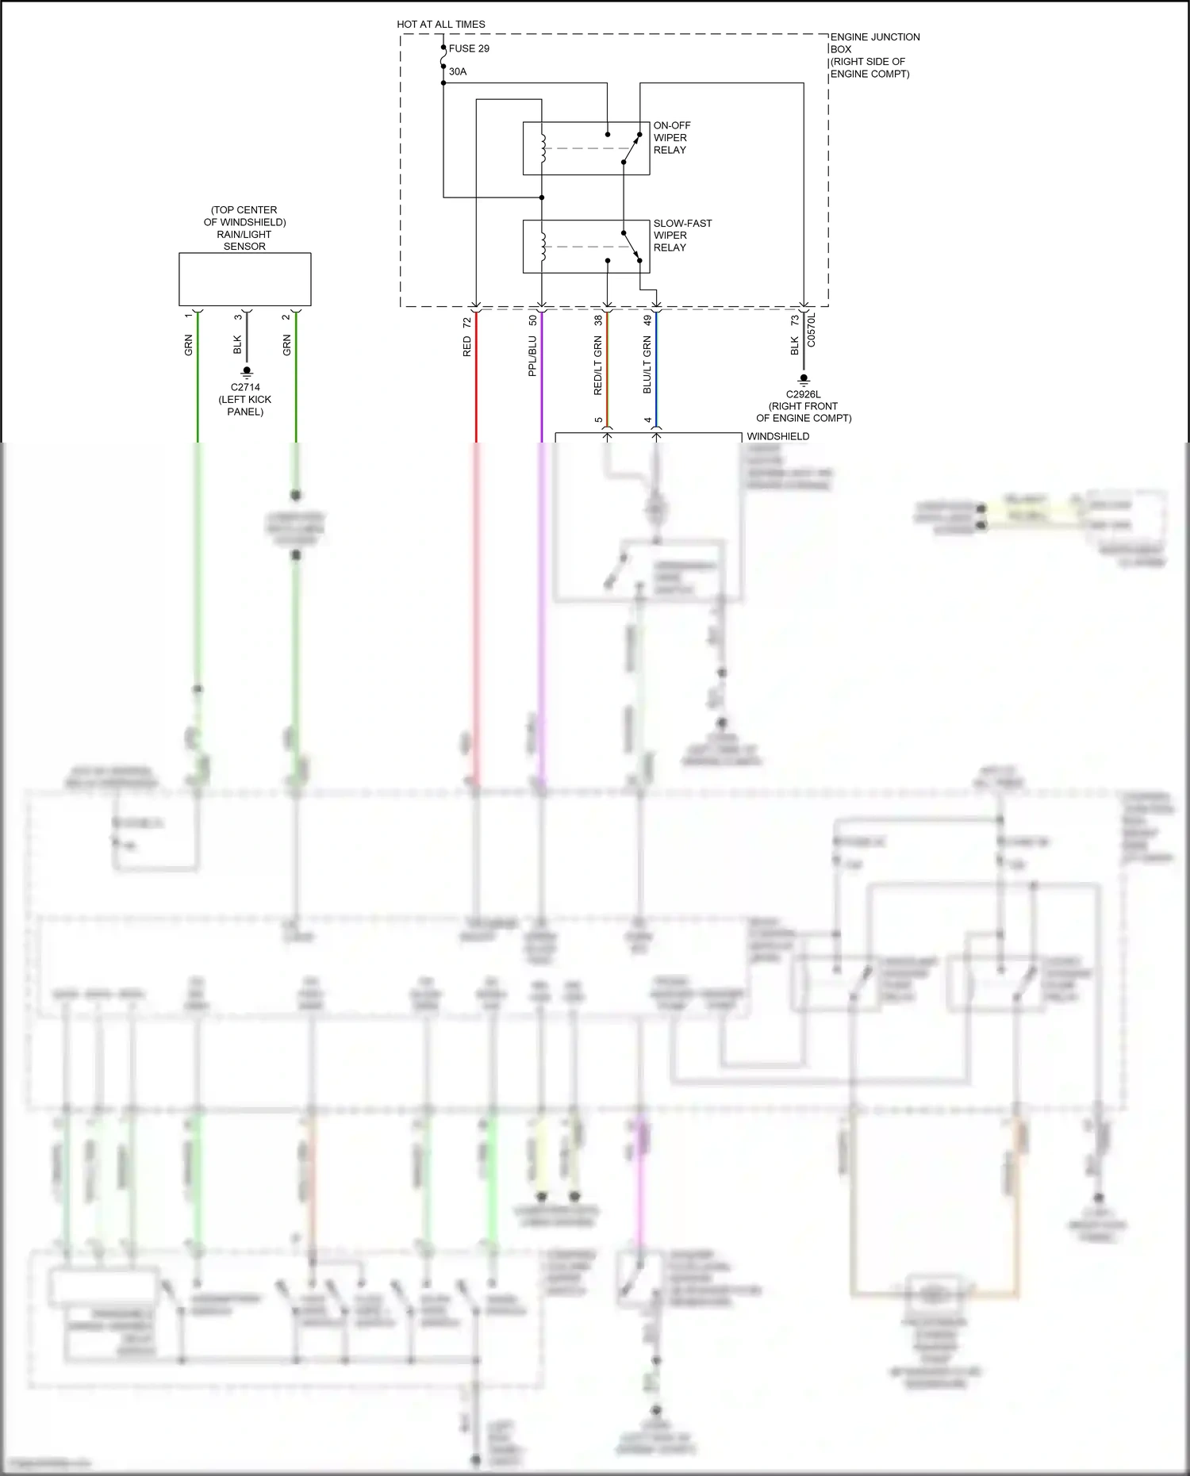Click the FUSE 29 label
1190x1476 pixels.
point(469,48)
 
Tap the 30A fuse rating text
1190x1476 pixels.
point(458,71)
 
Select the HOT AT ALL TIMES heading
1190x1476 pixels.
point(441,25)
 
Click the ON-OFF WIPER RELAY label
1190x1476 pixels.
point(671,138)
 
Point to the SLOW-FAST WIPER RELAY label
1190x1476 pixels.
point(682,236)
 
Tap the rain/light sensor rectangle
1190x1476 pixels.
point(244,279)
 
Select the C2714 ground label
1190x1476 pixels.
point(245,388)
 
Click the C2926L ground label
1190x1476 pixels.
point(804,394)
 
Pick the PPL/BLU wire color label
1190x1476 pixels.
point(532,356)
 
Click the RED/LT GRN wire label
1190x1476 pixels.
point(598,366)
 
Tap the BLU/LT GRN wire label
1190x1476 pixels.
point(647,365)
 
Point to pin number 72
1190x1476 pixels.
point(467,322)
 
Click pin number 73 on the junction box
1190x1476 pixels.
point(795,320)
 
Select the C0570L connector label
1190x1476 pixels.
point(811,330)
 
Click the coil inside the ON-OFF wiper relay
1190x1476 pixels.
point(543,148)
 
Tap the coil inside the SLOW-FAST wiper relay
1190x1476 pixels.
point(543,247)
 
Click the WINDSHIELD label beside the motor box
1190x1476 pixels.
point(777,436)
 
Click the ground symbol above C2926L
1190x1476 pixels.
point(804,380)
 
